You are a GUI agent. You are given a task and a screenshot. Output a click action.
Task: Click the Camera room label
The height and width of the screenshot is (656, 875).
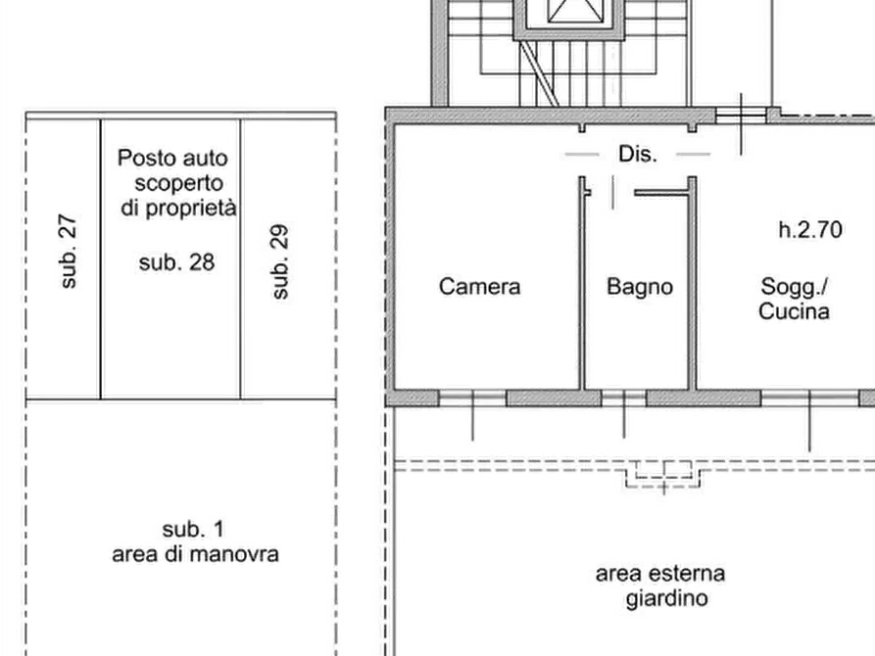(483, 287)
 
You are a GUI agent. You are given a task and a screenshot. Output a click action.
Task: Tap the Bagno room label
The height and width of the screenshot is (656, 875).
(639, 287)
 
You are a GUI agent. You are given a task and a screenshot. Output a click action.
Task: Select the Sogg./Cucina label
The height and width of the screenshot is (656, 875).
(794, 300)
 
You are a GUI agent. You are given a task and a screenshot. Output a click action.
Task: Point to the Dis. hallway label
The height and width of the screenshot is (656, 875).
(637, 154)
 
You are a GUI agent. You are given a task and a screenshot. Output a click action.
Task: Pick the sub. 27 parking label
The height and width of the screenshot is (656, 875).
(69, 253)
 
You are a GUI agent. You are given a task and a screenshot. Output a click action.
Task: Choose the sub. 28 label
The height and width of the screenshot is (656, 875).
(176, 262)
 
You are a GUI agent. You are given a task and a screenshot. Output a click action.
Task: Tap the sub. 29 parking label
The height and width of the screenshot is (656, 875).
(280, 262)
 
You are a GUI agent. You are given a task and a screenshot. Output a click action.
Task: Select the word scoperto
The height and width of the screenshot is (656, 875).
(180, 183)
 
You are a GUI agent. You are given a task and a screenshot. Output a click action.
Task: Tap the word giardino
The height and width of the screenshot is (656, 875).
(666, 597)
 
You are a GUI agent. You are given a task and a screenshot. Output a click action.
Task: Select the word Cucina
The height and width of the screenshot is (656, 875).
(794, 312)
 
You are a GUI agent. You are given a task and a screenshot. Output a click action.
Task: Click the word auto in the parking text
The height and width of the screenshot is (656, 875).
(203, 157)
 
